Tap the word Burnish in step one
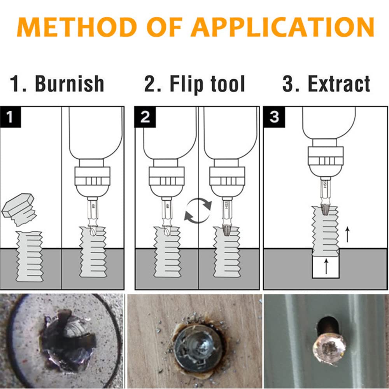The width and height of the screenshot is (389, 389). (70, 84)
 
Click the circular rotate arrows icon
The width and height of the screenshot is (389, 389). (198, 211)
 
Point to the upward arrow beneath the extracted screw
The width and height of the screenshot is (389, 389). (326, 267)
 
